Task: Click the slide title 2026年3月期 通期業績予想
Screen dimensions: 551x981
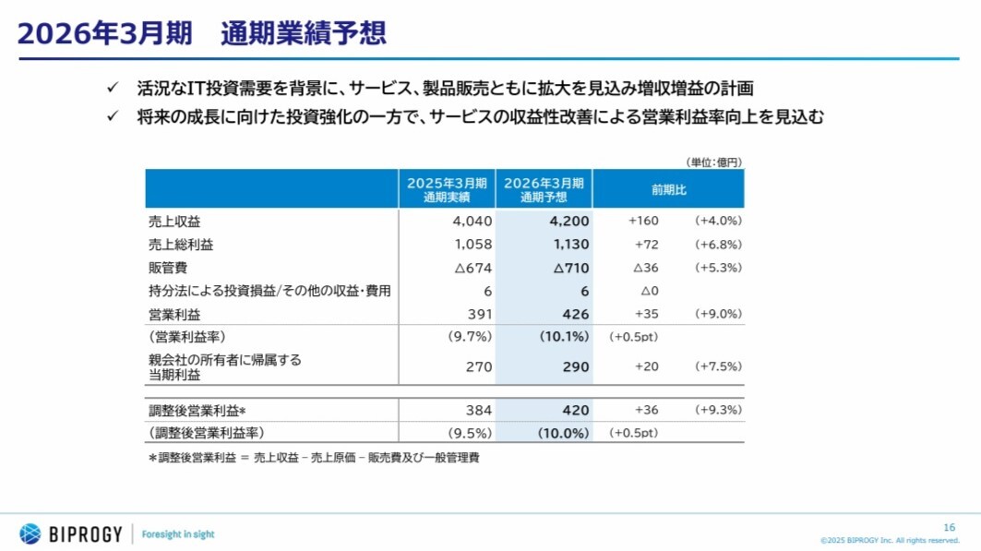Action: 201,33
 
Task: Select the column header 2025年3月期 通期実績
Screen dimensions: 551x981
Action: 447,189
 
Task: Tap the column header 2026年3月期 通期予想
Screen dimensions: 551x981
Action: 544,189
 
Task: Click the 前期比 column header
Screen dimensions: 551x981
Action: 668,189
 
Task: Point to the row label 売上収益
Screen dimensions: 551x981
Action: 174,222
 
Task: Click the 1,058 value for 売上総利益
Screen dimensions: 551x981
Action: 473,245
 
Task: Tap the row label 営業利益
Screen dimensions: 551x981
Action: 174,314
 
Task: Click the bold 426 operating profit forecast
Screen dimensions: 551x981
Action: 575,314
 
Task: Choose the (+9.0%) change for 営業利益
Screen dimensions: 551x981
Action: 718,314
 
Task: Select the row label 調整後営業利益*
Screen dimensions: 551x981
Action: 202,410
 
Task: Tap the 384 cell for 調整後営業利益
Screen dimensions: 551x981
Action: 478,410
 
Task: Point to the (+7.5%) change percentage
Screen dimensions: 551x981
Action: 718,366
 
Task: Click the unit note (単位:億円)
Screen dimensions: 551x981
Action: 713,162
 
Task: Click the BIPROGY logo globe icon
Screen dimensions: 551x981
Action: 30,533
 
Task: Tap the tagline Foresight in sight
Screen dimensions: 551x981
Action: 178,534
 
